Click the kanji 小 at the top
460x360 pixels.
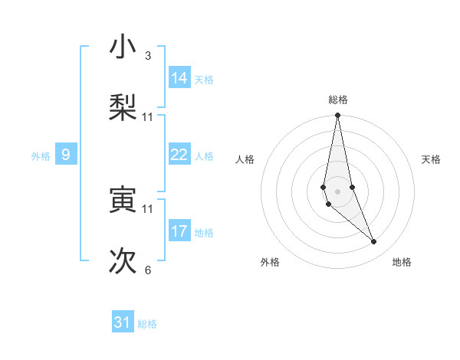click(x=123, y=47)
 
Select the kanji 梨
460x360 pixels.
click(x=123, y=106)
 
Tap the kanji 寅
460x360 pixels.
click(x=123, y=200)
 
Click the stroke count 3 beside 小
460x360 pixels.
click(x=148, y=55)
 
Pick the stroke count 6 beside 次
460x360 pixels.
click(x=148, y=270)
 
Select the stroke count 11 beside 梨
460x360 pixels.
click(x=148, y=116)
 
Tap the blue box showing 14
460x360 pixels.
click(x=179, y=77)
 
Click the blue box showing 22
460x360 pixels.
click(x=179, y=155)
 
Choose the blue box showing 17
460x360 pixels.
click(x=179, y=231)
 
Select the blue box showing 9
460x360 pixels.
click(x=66, y=155)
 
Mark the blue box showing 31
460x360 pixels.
click(x=123, y=322)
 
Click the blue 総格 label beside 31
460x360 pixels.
click(x=147, y=324)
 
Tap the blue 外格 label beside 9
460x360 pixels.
click(x=41, y=156)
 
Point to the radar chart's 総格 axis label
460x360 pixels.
click(x=338, y=100)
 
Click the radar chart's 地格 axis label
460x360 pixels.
click(x=402, y=262)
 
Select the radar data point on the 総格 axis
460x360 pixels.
click(x=337, y=116)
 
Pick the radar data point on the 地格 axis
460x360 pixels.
click(x=374, y=242)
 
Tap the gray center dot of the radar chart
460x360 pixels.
click(x=337, y=190)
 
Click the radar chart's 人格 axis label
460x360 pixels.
click(x=245, y=159)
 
